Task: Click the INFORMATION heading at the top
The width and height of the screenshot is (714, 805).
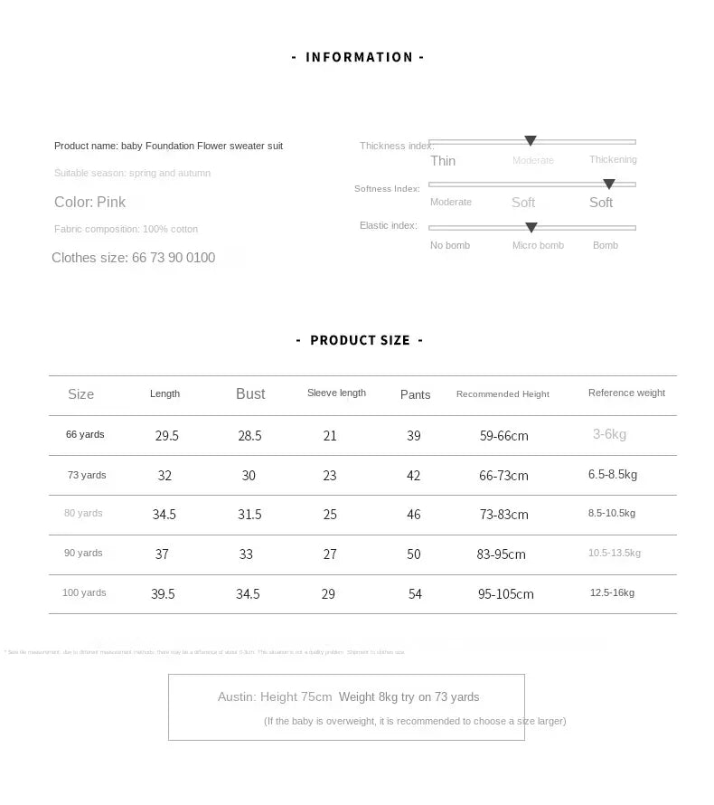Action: (x=359, y=57)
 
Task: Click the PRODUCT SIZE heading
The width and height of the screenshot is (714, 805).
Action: (x=360, y=340)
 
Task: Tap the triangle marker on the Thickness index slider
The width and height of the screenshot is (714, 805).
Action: (x=531, y=141)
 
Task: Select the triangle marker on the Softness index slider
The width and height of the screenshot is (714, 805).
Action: (x=609, y=185)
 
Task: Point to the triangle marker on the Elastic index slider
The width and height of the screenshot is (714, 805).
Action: (x=531, y=227)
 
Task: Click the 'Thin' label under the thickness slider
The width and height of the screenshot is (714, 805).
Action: (x=443, y=161)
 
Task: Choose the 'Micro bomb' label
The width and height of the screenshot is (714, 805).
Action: (x=538, y=245)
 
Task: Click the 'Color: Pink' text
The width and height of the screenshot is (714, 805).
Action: (x=90, y=202)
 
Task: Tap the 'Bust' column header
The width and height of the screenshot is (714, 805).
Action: (x=250, y=393)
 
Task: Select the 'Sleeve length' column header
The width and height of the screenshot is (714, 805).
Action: (x=336, y=393)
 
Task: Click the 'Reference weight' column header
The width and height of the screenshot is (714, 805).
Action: (x=626, y=393)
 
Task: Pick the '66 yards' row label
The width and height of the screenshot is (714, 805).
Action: (x=85, y=434)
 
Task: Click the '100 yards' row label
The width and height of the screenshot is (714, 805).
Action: (x=84, y=592)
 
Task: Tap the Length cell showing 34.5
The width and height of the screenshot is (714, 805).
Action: (x=164, y=515)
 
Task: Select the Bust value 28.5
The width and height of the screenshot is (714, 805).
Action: (x=249, y=436)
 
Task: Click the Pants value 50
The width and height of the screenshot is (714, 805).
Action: (x=414, y=554)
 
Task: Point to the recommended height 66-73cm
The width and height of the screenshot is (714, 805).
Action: (x=503, y=476)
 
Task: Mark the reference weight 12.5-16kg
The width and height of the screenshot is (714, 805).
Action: (x=612, y=592)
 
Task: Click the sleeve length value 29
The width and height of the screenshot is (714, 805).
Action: (x=328, y=594)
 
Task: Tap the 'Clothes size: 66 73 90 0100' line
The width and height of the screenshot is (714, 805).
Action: (x=134, y=258)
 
